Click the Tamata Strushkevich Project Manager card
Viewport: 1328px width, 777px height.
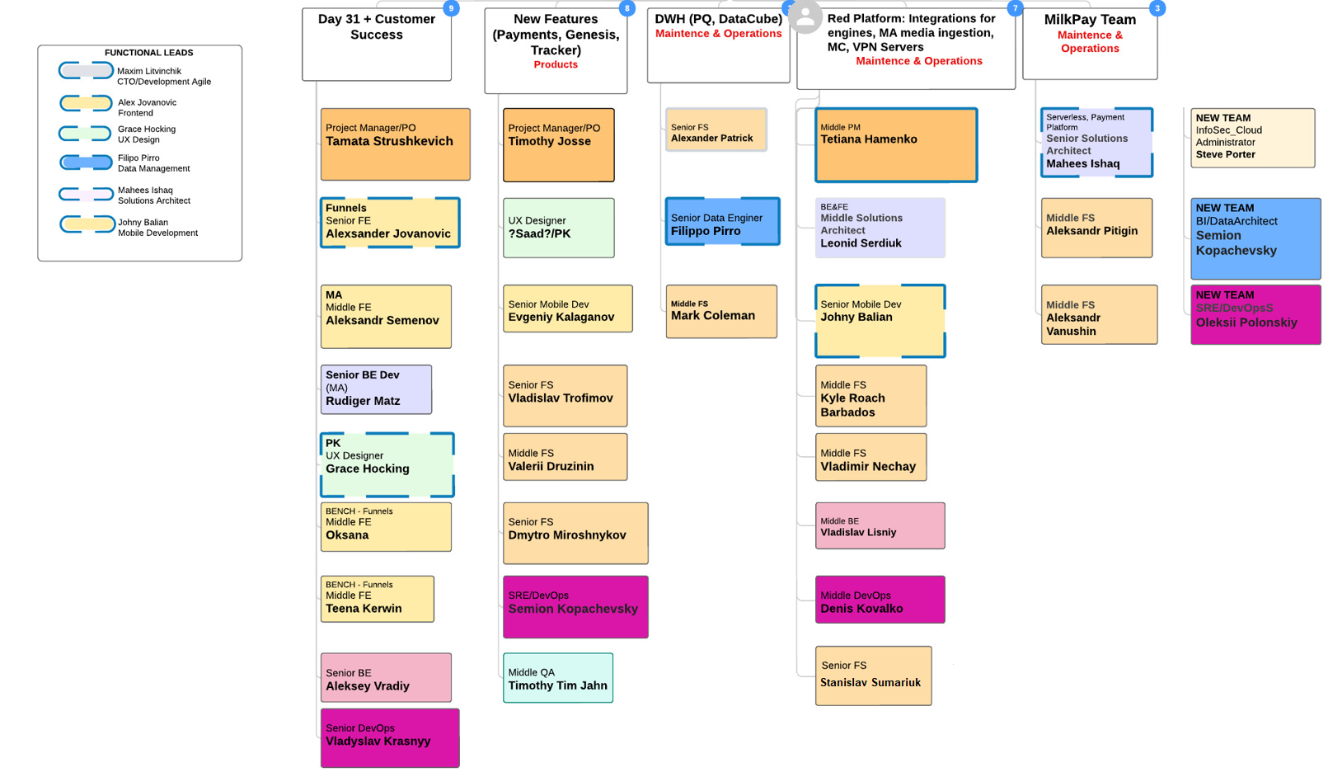(x=395, y=144)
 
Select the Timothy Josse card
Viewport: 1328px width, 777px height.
(x=558, y=144)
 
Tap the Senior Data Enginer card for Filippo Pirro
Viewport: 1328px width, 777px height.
(x=722, y=221)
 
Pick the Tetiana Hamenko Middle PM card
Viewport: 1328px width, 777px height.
(x=896, y=144)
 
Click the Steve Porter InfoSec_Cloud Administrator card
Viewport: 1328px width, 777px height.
(x=1252, y=138)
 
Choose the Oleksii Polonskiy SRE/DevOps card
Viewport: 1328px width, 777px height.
(x=1255, y=314)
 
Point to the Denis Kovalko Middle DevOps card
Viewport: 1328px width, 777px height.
(x=880, y=600)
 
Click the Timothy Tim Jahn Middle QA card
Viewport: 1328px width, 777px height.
(x=558, y=678)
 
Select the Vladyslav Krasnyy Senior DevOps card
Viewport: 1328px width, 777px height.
(x=389, y=737)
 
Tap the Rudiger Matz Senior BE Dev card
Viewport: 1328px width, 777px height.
(x=376, y=389)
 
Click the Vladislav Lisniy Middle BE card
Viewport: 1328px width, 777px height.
(x=880, y=525)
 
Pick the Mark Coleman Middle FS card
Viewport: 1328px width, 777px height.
(x=721, y=311)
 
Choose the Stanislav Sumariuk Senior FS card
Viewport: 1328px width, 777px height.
(x=873, y=676)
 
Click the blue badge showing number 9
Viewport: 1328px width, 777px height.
(x=451, y=8)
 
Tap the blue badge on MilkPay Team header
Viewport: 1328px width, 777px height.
(x=1157, y=8)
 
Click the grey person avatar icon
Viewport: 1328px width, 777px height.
(x=805, y=16)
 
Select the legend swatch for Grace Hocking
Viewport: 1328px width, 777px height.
(x=86, y=134)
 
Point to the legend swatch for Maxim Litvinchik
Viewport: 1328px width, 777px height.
(x=86, y=72)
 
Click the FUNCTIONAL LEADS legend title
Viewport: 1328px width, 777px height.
(x=148, y=53)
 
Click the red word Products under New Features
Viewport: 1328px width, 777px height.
(x=556, y=64)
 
